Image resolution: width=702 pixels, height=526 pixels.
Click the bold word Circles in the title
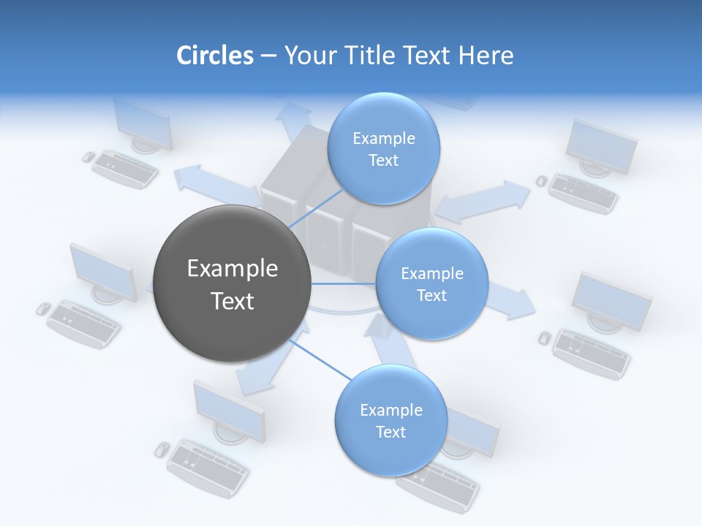(x=214, y=56)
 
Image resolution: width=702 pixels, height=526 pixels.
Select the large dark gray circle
(x=232, y=283)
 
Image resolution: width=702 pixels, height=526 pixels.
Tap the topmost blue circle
(x=383, y=148)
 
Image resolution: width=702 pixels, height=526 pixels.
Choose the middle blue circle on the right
(x=431, y=283)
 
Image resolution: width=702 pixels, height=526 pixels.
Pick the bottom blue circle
(x=390, y=420)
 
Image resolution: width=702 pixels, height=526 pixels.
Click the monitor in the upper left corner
(x=143, y=124)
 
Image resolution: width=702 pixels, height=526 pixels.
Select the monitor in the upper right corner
(x=601, y=146)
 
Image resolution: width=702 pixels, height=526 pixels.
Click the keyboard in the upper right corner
(x=584, y=193)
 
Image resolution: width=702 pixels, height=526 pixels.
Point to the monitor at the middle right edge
(x=611, y=300)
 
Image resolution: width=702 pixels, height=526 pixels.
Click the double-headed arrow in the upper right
(x=483, y=202)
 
